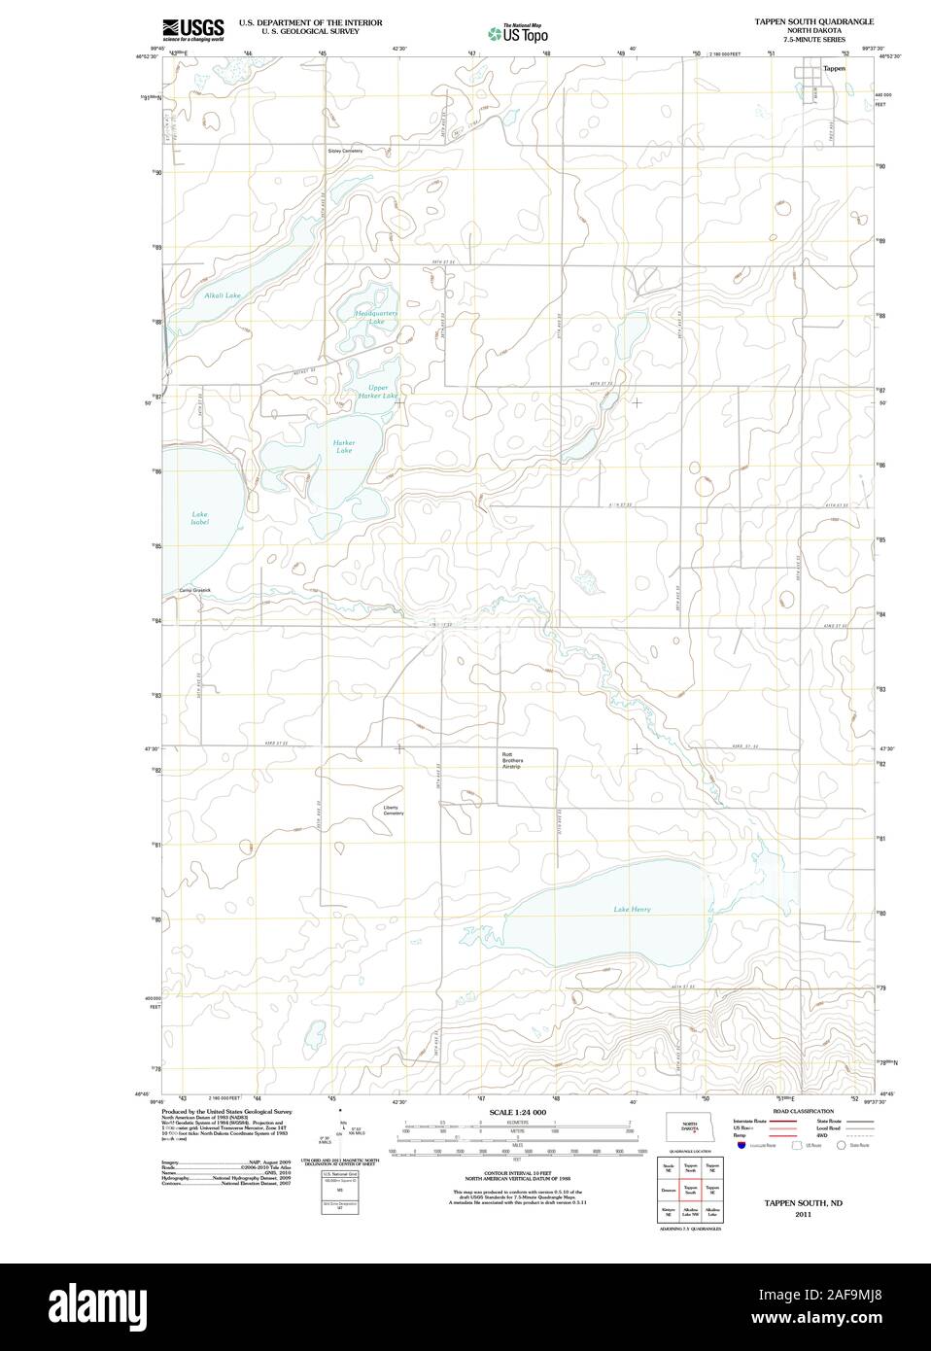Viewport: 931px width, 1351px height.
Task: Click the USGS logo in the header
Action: pos(193,28)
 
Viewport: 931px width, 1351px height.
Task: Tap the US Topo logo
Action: pos(518,33)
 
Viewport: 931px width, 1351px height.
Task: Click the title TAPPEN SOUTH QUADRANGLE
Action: pos(813,21)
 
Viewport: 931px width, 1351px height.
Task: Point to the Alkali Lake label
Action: pos(223,294)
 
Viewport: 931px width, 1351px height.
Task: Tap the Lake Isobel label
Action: pos(199,518)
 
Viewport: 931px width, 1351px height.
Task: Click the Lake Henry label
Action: pos(632,910)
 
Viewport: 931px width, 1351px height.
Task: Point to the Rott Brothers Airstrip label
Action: pos(512,760)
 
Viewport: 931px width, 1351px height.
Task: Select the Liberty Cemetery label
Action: pos(393,810)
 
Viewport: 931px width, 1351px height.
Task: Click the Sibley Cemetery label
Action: pos(345,151)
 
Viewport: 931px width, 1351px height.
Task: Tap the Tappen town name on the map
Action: pos(834,70)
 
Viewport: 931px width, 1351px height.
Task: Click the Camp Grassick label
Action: pos(194,590)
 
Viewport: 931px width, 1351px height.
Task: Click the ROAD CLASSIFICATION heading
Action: pos(803,1111)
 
